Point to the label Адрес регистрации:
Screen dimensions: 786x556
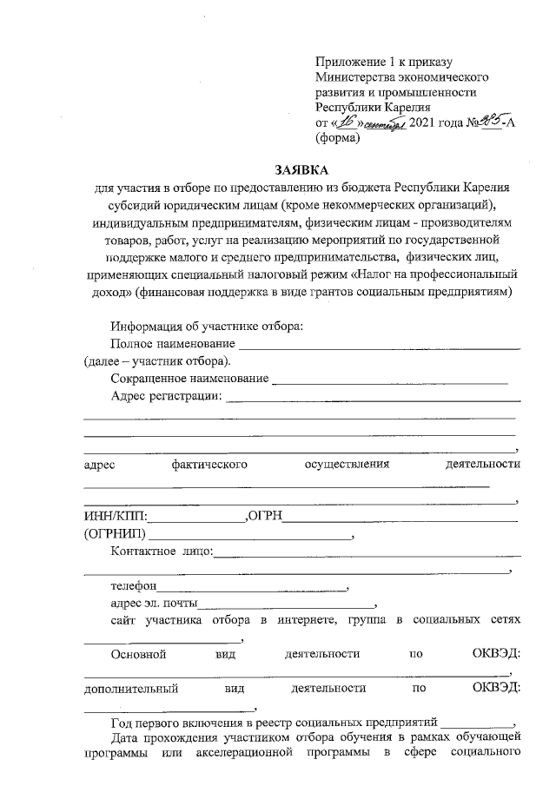tap(167, 397)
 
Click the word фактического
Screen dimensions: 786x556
tap(209, 465)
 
